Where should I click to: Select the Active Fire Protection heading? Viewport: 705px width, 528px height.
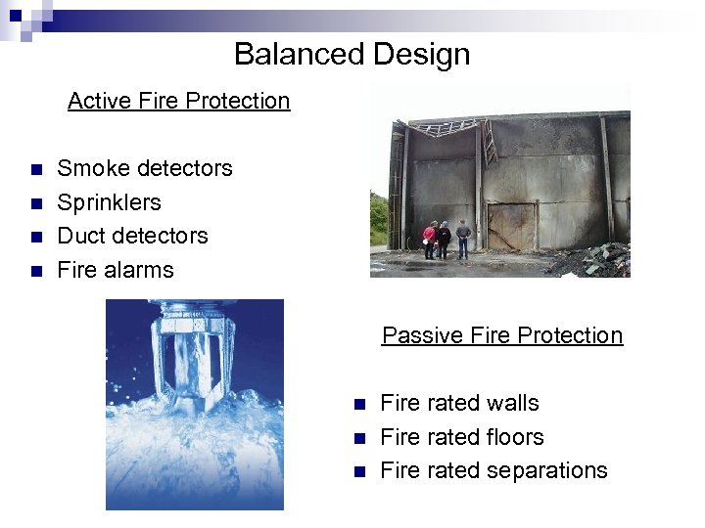[178, 101]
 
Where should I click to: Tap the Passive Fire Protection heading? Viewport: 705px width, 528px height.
[501, 335]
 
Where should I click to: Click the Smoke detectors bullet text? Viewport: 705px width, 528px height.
[145, 168]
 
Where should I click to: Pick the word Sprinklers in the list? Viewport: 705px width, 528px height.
[109, 202]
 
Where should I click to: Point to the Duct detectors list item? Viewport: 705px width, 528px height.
[132, 236]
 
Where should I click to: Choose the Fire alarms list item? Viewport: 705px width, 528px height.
[115, 270]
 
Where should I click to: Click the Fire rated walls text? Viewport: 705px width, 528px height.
[458, 403]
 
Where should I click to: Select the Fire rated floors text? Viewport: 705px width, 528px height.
[461, 437]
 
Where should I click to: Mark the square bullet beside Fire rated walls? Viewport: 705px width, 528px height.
[359, 404]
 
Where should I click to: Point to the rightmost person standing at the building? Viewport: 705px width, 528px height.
[463, 238]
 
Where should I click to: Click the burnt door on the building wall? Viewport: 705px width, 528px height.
[509, 227]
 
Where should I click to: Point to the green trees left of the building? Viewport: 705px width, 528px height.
[380, 220]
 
